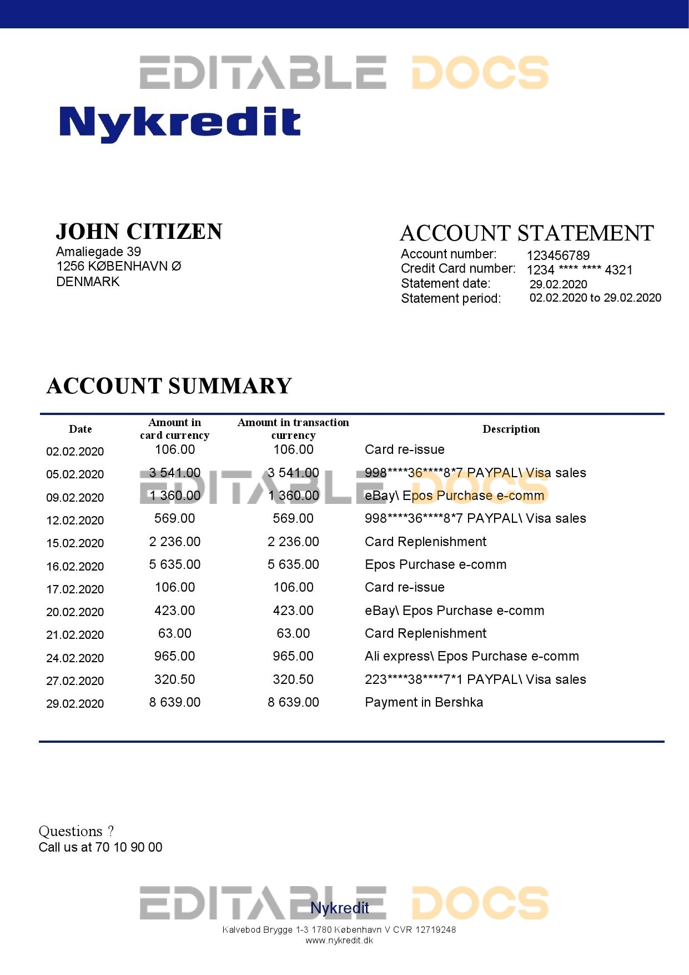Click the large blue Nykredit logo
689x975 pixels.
pyautogui.click(x=179, y=123)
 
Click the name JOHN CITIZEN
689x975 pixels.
pyautogui.click(x=139, y=232)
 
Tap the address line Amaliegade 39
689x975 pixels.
pyautogui.click(x=98, y=252)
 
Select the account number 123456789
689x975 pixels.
pyautogui.click(x=558, y=256)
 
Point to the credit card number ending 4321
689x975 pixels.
pyautogui.click(x=579, y=270)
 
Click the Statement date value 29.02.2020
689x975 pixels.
pyautogui.click(x=558, y=284)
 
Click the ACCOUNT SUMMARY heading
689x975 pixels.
pyautogui.click(x=169, y=386)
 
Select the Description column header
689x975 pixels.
pyautogui.click(x=511, y=429)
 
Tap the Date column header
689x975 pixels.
pyautogui.click(x=81, y=429)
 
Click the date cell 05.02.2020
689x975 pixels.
pyautogui.click(x=75, y=474)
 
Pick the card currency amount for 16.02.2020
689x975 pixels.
pyautogui.click(x=174, y=564)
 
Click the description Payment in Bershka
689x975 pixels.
pyautogui.click(x=424, y=702)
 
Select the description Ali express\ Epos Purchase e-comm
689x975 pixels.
pyautogui.click(x=471, y=656)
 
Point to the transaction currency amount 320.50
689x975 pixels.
pyautogui.click(x=293, y=679)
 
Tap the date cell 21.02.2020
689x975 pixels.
pyautogui.click(x=75, y=635)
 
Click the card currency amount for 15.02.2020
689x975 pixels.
pyautogui.click(x=174, y=542)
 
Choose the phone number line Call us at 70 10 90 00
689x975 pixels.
pyautogui.click(x=100, y=847)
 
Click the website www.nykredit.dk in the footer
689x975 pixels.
pyautogui.click(x=339, y=941)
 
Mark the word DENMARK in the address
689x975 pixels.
pyautogui.click(x=88, y=282)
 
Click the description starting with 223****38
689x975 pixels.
pyautogui.click(x=475, y=679)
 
